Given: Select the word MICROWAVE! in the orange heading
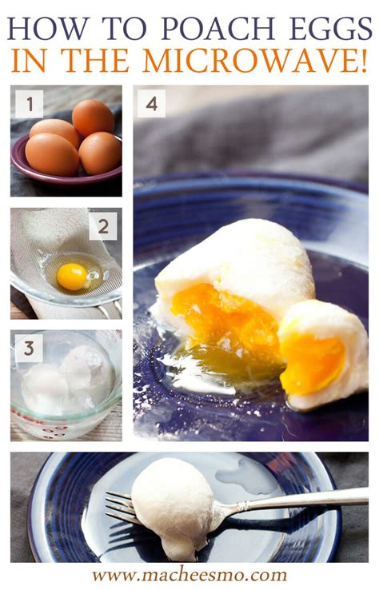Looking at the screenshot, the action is (255, 61).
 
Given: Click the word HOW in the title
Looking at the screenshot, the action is (47, 28).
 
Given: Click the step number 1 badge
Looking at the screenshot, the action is (30, 103).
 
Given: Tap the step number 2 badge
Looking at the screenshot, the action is (103, 226).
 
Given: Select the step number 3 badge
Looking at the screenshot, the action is (29, 349).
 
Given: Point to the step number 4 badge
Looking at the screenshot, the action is (151, 103).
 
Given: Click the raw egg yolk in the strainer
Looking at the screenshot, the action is (72, 277).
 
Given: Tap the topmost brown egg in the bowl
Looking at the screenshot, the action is (93, 118).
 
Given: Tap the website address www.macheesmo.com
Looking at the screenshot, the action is (189, 576).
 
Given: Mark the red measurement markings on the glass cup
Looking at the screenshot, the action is (42, 425).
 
